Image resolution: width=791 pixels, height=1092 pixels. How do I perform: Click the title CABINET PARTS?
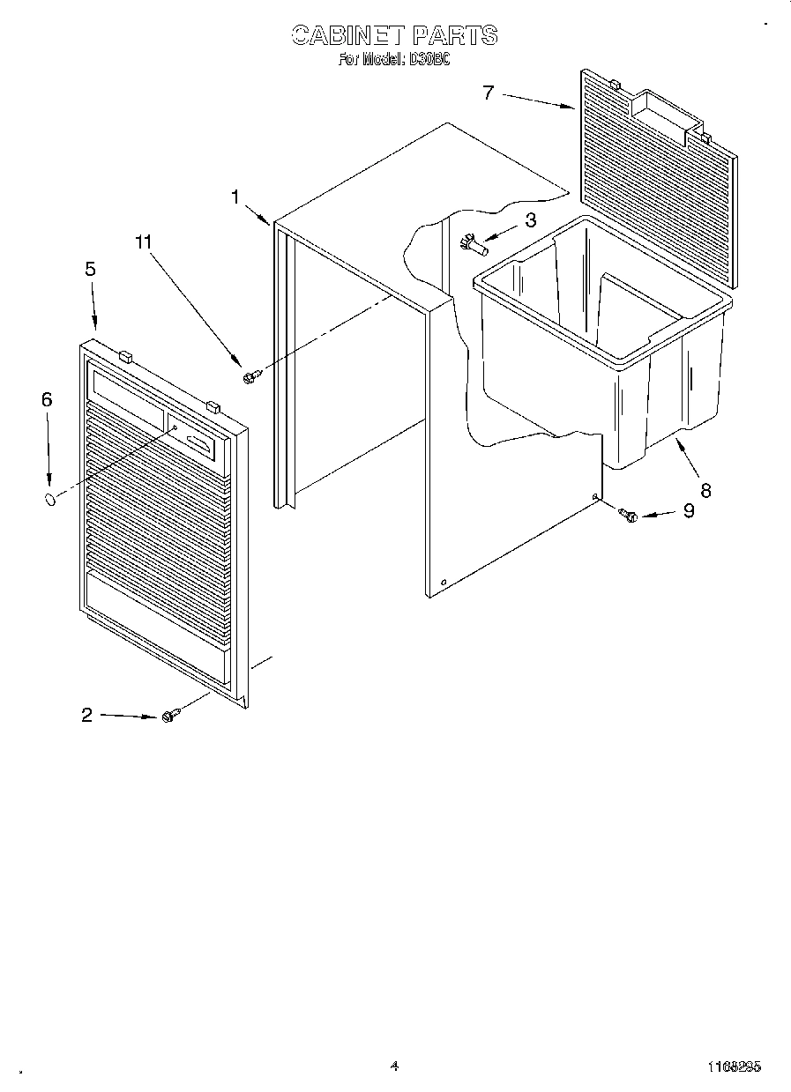394,35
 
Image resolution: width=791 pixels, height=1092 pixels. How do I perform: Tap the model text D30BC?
429,61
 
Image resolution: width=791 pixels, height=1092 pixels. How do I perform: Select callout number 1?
235,197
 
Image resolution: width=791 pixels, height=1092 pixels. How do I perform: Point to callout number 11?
144,241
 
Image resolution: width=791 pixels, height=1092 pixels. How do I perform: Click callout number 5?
91,270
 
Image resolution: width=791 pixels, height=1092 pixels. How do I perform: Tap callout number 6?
47,399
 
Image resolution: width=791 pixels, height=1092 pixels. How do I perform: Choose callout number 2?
86,715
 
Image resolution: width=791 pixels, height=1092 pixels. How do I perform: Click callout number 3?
530,219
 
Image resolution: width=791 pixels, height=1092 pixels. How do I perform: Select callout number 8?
705,490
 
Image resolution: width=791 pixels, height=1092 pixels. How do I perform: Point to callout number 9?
688,510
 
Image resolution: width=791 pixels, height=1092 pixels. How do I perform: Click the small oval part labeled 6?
51,500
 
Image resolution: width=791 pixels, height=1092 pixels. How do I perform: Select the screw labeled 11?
250,376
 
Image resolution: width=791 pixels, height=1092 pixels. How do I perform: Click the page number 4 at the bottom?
393,1066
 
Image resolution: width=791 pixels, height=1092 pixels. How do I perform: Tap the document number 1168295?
734,1066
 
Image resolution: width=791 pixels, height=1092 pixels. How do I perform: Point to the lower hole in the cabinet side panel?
443,581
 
